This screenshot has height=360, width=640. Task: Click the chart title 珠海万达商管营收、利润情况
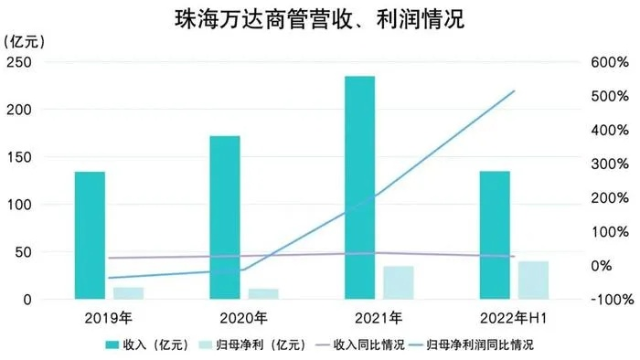[319, 20]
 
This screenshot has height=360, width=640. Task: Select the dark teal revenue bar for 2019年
[90, 235]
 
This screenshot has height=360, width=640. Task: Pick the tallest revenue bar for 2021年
[359, 187]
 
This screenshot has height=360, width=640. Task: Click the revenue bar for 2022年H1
[495, 235]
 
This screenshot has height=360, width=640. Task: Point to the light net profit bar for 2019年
[128, 293]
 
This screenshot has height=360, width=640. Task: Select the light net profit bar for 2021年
[398, 282]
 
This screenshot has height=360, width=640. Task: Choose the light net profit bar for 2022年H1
[533, 281]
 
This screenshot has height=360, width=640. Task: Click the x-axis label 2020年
[242, 319]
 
